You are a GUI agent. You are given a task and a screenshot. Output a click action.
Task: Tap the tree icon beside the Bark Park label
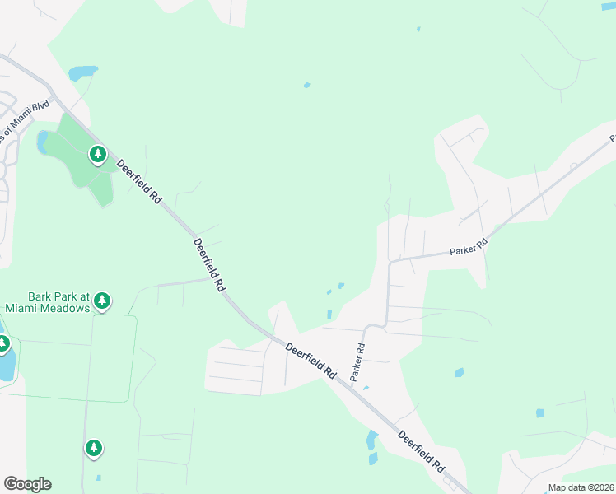(102, 301)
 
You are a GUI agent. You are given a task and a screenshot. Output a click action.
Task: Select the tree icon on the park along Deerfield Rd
(98, 154)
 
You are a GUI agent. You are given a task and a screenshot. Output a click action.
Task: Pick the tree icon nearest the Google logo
(94, 448)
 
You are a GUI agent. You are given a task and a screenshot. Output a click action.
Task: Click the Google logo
(27, 484)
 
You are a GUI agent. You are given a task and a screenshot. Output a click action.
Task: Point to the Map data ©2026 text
(580, 487)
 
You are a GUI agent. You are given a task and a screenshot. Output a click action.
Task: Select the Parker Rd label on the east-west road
(469, 246)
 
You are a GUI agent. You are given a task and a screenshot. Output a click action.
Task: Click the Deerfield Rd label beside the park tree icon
(138, 181)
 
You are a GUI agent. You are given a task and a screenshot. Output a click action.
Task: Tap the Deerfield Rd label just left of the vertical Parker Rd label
(310, 361)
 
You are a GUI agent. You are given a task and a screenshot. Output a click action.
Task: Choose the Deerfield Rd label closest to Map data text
(421, 450)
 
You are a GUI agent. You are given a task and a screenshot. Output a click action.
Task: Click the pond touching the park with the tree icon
(42, 142)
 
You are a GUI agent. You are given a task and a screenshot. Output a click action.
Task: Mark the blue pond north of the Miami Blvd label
(82, 72)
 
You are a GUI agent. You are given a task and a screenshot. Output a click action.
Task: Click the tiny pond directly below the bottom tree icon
(98, 477)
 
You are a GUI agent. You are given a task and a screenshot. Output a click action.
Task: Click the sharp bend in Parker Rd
(390, 262)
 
